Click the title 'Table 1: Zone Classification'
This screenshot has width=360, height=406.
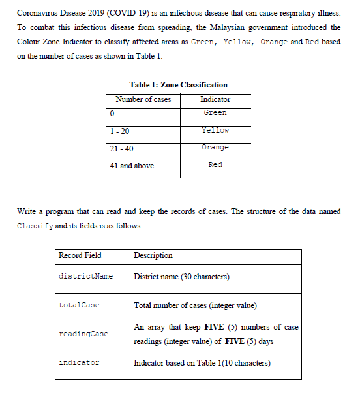178,85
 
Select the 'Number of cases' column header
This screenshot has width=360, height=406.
143,99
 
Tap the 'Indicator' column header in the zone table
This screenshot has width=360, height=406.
215,99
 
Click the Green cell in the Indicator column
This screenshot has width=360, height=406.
215,113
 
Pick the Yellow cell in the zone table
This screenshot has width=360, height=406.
215,131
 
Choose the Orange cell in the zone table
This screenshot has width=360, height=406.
215,148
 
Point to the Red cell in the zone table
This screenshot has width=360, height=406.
215,165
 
